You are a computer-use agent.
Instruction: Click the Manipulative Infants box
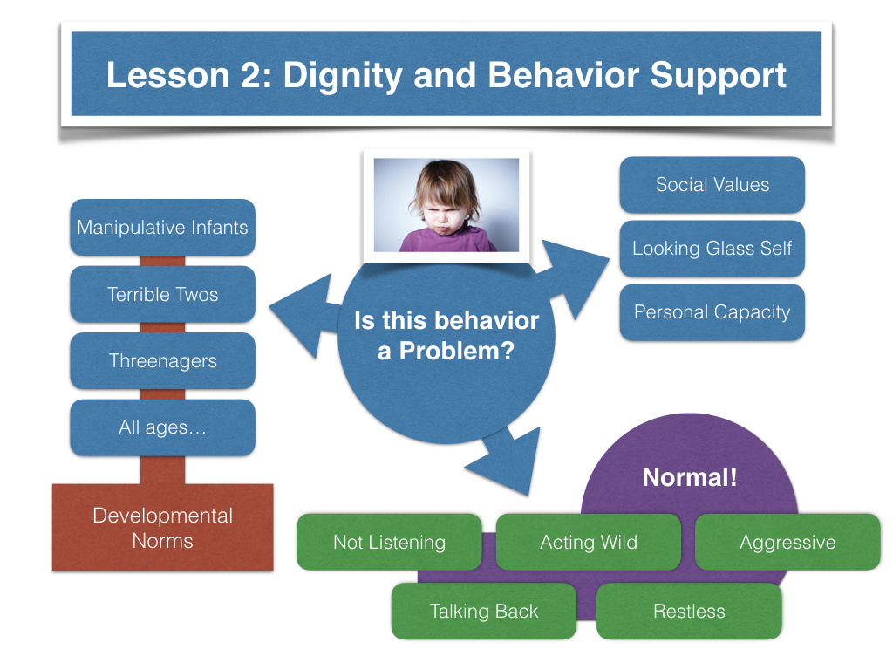(162, 228)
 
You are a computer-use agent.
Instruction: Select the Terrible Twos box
(162, 294)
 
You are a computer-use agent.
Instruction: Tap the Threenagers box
(162, 360)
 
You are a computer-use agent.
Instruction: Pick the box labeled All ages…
(162, 427)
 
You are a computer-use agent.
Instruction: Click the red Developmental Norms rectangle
(163, 528)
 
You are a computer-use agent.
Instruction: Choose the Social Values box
(712, 185)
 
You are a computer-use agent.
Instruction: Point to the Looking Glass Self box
(712, 249)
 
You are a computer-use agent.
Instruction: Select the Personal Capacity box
(712, 312)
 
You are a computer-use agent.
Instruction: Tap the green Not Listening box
(389, 542)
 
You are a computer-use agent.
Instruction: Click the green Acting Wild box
(589, 542)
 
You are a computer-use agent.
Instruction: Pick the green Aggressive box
(787, 542)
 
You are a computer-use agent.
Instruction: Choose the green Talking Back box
(483, 611)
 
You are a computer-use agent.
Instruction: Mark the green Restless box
(689, 611)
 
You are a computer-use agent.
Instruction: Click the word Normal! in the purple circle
(690, 477)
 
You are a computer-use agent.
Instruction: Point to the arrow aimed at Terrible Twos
(304, 316)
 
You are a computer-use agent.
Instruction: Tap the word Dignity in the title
(343, 76)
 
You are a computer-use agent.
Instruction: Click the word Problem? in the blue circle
(457, 351)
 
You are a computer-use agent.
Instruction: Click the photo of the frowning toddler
(446, 205)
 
